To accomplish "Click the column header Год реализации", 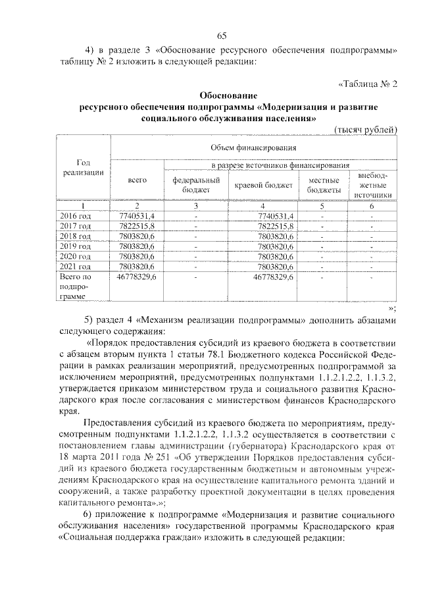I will click(83, 167).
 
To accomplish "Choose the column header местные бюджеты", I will click(323, 185).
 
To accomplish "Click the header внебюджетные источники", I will click(372, 185).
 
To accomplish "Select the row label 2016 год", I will click(76, 216).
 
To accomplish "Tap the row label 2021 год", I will click(76, 266).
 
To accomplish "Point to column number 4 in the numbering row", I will click(262, 206).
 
